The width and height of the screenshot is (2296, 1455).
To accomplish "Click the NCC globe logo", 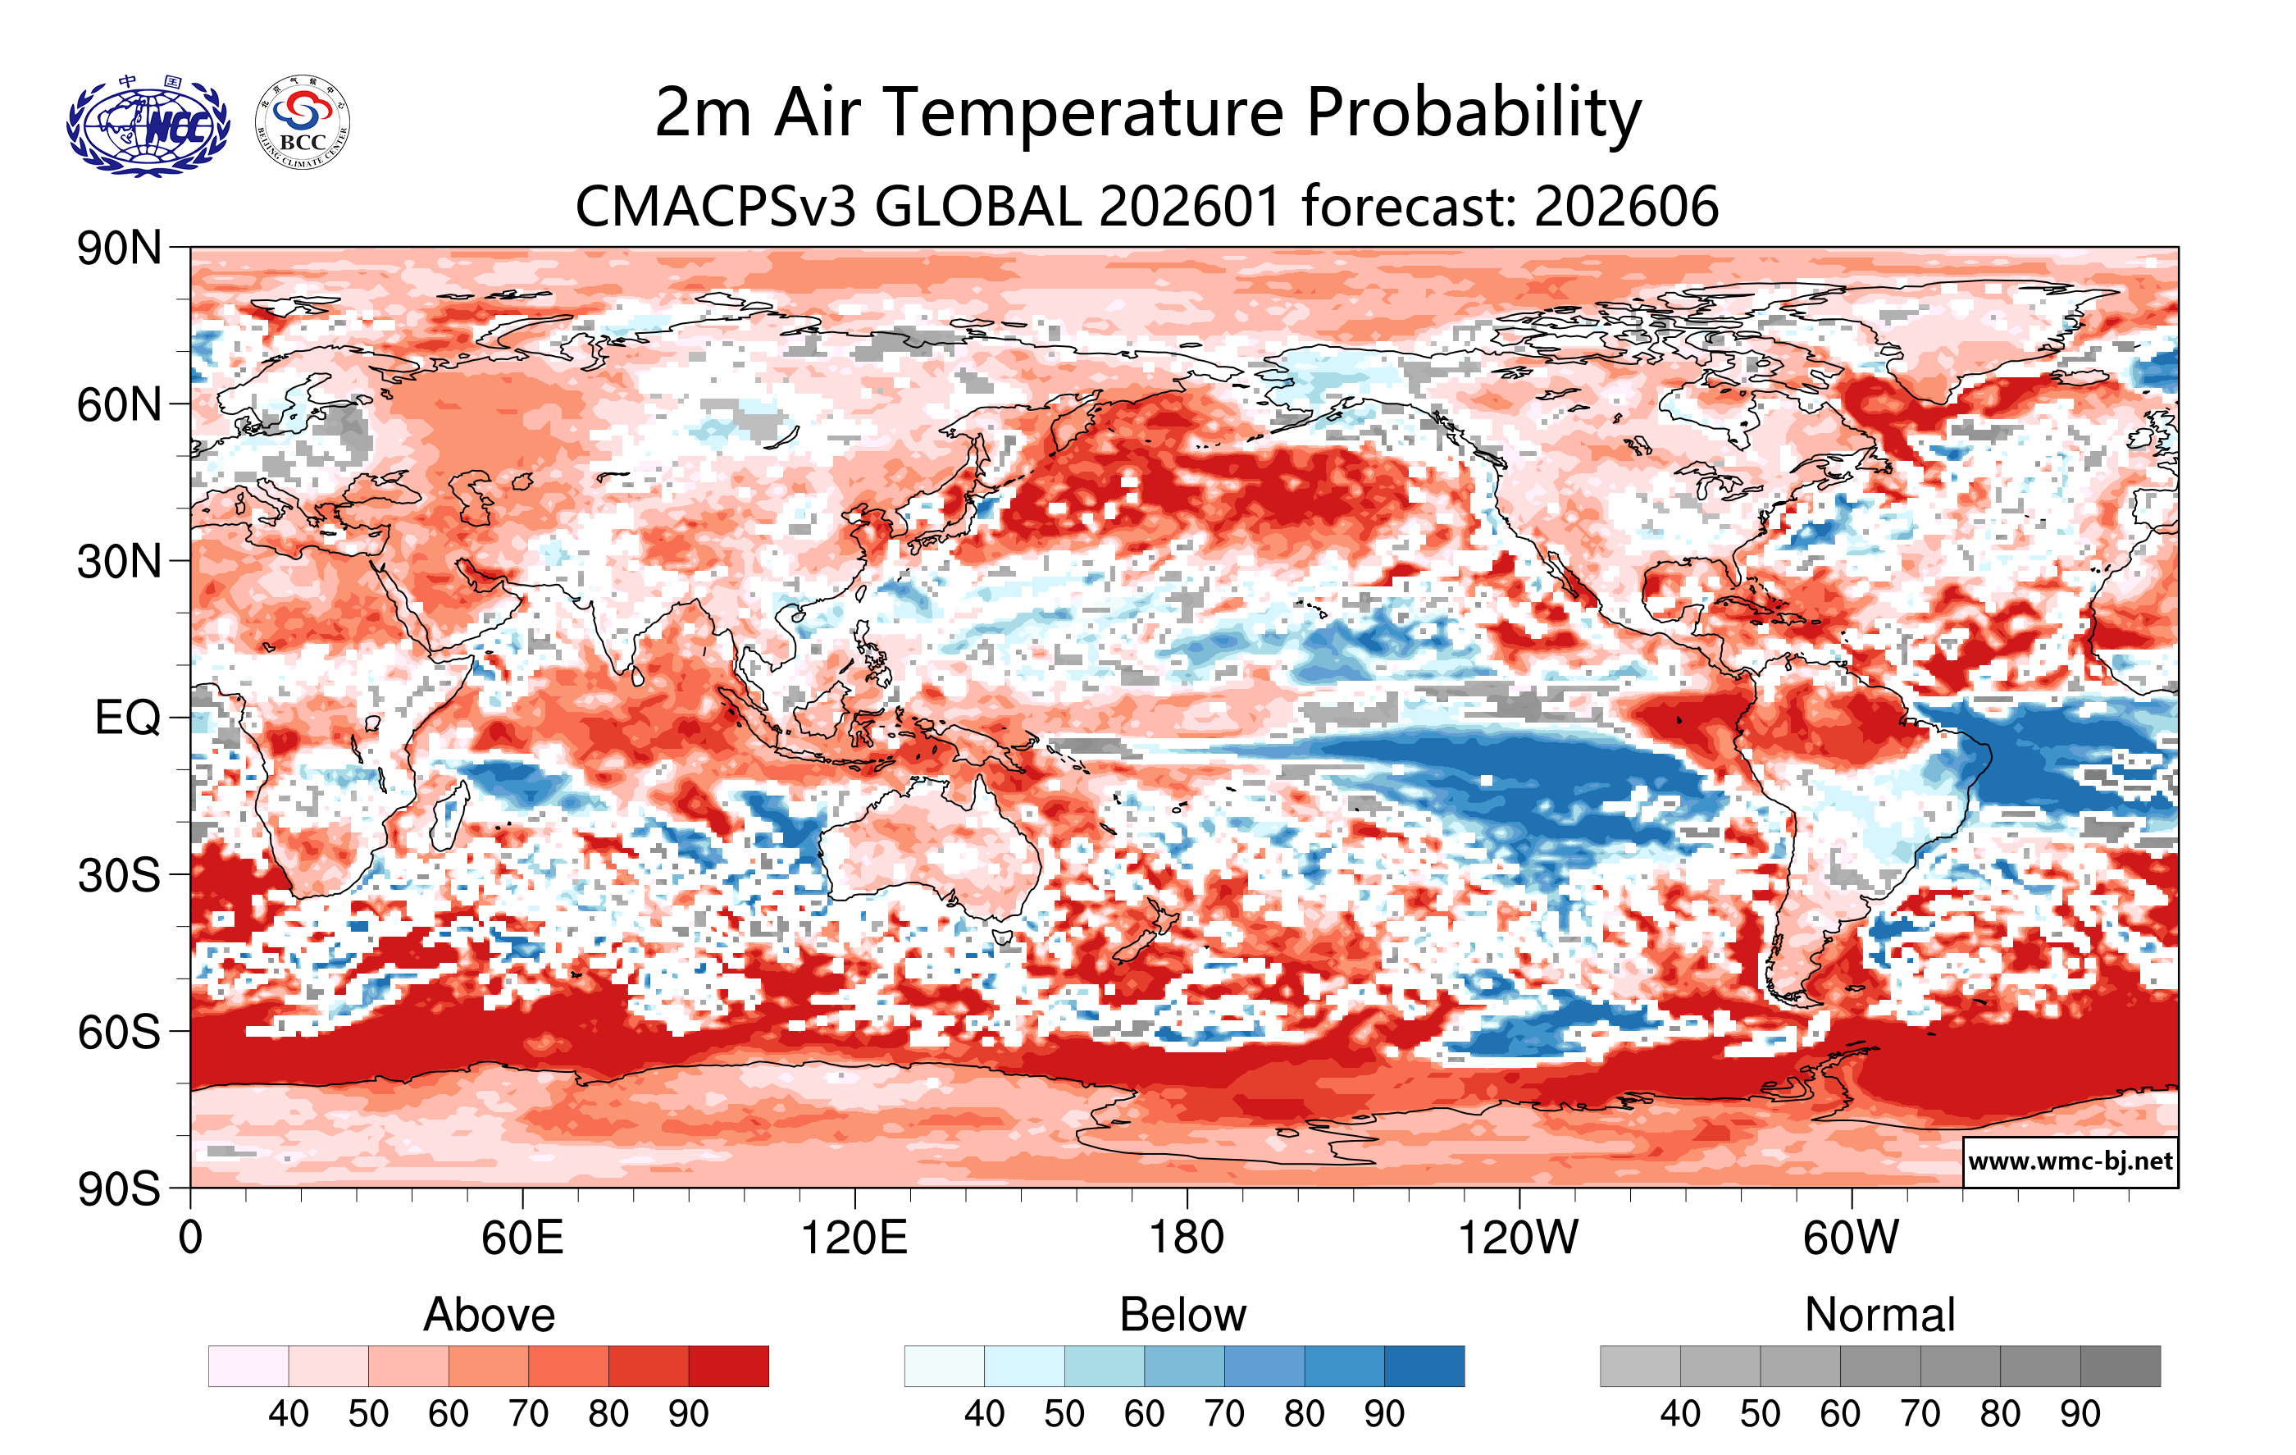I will click(x=148, y=125).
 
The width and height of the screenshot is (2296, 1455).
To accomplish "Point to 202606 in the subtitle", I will click(x=1626, y=206).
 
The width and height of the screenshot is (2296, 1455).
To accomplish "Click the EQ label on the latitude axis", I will click(x=128, y=717).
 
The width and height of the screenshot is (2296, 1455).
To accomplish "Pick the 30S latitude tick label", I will click(x=119, y=874).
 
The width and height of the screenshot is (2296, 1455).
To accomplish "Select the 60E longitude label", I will click(x=522, y=1238).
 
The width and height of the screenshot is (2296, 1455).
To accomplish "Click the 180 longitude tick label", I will click(x=1187, y=1238).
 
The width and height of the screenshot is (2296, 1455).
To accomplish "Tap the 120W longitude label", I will click(x=1518, y=1238).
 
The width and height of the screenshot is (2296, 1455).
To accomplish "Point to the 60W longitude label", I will click(x=1851, y=1238).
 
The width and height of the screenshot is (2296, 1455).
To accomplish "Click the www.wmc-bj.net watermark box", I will click(x=2070, y=1161).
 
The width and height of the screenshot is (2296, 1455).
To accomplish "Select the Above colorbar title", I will click(x=490, y=1315).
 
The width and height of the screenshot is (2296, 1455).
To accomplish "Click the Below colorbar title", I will click(x=1182, y=1315).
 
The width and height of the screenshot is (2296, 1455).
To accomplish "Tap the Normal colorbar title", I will click(x=1879, y=1315).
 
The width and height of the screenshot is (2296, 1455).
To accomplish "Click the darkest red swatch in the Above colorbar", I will click(x=728, y=1366).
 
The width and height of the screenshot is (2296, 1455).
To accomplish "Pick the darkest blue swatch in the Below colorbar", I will click(x=1424, y=1366).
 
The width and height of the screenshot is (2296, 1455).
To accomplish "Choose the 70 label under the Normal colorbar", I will click(x=1920, y=1413).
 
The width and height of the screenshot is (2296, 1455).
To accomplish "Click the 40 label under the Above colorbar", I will click(x=288, y=1413).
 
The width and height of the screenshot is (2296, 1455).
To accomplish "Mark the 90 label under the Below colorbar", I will click(x=1383, y=1413).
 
